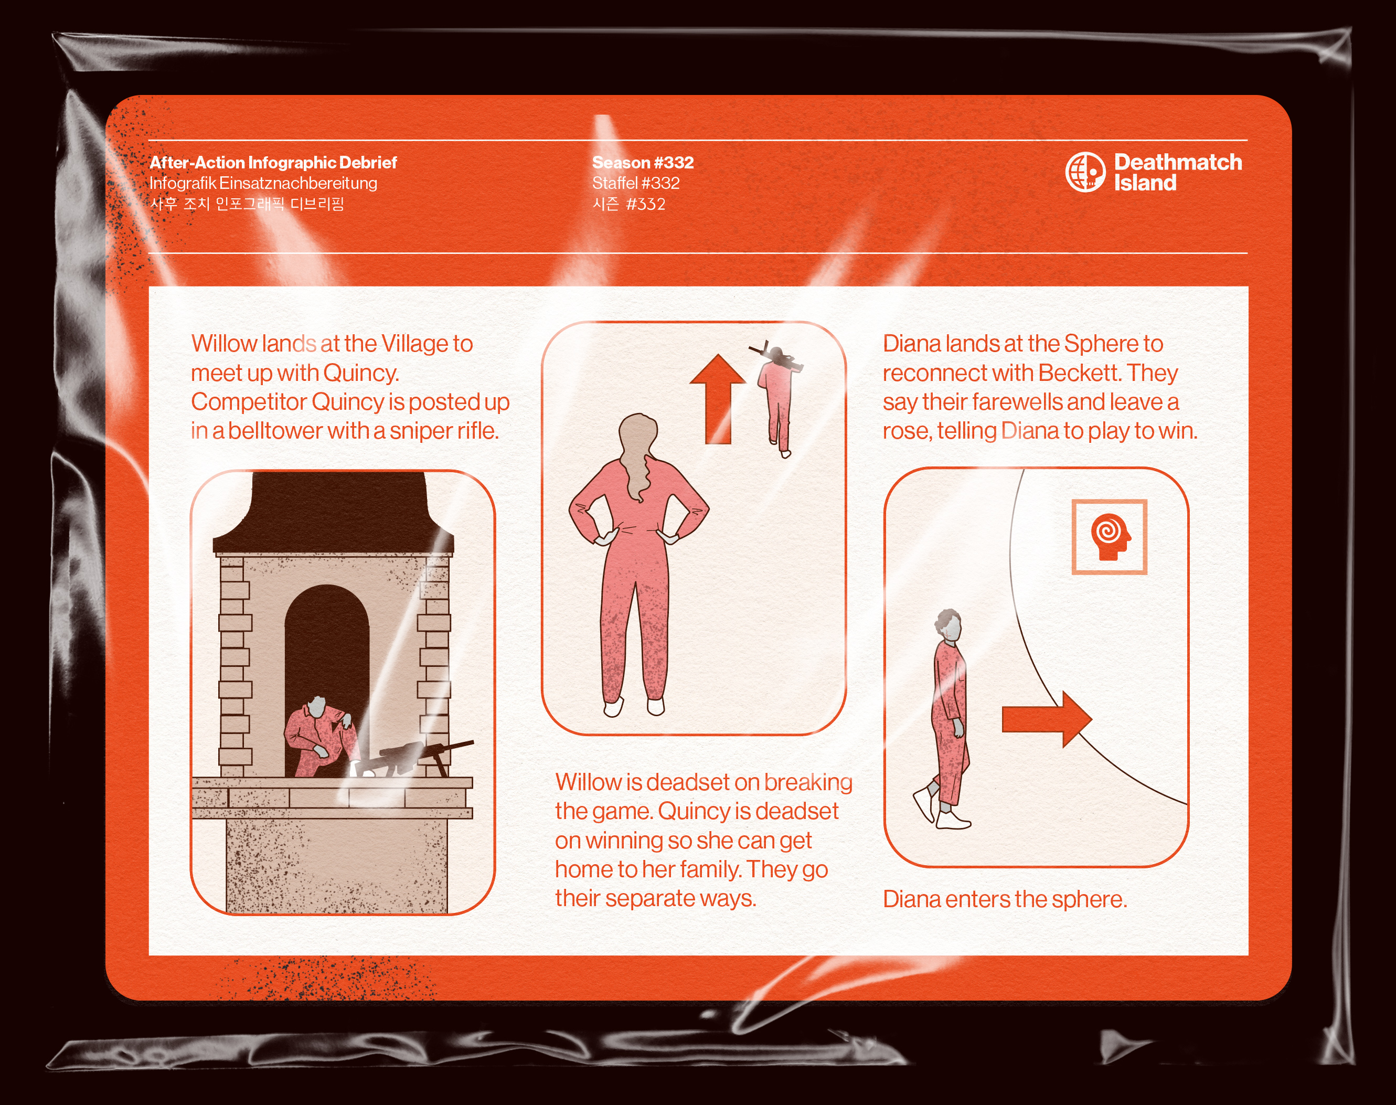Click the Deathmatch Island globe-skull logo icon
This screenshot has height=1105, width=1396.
coord(1085,172)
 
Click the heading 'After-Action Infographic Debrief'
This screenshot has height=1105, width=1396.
coord(273,162)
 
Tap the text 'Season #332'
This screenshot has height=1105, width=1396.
coord(642,162)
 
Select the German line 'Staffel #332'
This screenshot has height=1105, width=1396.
coord(636,183)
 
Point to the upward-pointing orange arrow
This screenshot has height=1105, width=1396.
coord(717,399)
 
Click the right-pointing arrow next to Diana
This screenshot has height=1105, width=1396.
coord(1047,719)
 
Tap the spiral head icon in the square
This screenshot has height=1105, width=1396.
coord(1110,537)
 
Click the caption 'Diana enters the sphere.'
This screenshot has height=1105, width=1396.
coord(1005,899)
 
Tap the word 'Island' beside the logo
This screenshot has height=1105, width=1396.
coord(1145,183)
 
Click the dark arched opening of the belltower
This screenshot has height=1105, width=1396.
coord(327,653)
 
